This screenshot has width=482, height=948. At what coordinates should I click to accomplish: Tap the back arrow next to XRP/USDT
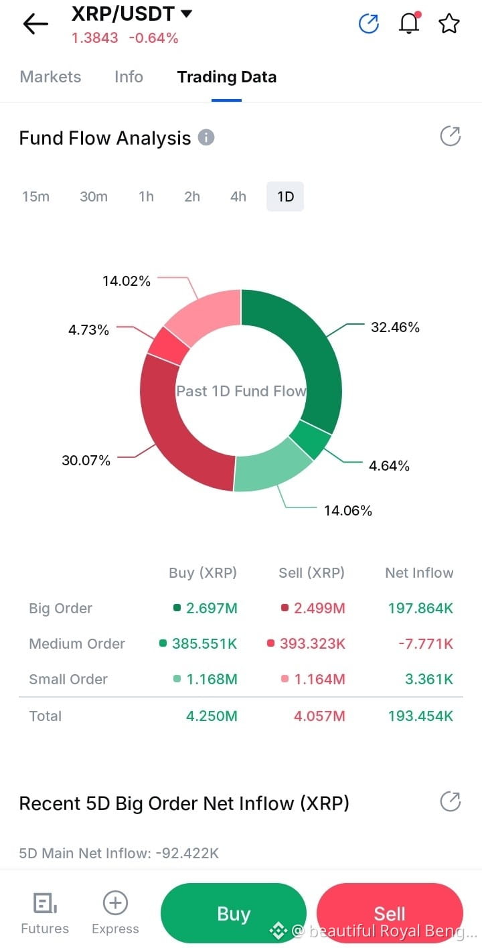35,23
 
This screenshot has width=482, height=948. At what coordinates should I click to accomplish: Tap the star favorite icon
449,23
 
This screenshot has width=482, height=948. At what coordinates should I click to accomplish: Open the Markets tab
50,77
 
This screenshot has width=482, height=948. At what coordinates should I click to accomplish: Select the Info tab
129,77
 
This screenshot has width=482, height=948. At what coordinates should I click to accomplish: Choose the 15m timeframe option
36,196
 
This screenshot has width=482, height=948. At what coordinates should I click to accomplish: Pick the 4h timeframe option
238,196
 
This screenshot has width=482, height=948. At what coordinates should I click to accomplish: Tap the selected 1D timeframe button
285,196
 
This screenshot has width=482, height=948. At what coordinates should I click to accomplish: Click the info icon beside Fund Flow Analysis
206,137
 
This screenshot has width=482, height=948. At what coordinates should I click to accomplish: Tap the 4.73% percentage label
89,329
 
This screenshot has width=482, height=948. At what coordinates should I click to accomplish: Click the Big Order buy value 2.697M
212,608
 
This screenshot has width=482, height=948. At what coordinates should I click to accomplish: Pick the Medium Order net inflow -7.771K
426,643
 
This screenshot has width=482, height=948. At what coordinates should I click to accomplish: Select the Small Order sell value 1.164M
319,680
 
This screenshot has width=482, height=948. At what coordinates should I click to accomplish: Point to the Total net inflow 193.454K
420,716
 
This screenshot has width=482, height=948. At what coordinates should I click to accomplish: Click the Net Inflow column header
419,572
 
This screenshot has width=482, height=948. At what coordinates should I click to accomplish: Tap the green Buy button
234,913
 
